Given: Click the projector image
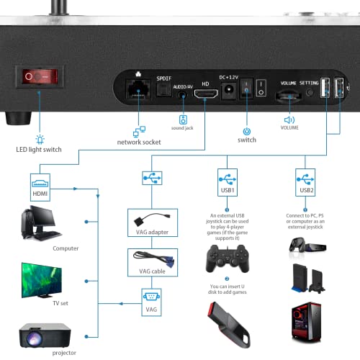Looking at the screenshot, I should (x=45, y=330).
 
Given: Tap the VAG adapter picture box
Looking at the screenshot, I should (x=148, y=221).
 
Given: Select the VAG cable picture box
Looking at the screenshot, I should (x=148, y=261).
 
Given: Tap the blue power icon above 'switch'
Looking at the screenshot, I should (x=246, y=131).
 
